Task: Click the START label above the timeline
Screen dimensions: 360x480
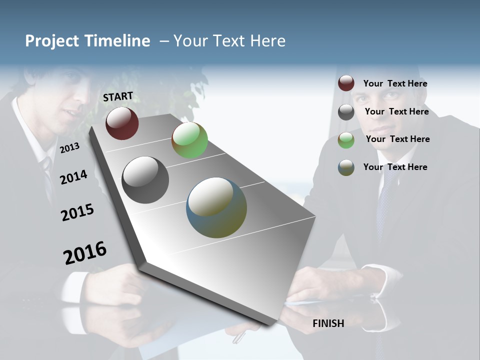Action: [118, 96]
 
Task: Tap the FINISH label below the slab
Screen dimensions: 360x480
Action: [328, 323]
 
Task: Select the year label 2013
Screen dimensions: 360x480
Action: [69, 147]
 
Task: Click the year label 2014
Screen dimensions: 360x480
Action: [73, 177]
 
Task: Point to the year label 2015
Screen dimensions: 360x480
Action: [77, 212]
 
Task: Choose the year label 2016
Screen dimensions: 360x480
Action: [85, 253]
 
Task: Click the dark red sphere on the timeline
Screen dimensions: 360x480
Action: [122, 123]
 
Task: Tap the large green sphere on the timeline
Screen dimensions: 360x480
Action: [189, 140]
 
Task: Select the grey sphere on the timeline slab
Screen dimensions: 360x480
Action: [145, 180]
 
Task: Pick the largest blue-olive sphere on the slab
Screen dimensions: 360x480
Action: [216, 207]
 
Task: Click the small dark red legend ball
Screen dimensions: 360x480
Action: [346, 83]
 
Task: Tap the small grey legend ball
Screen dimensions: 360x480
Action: [346, 112]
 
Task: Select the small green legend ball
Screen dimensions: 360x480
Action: [346, 140]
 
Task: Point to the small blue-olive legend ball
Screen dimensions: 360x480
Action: [346, 167]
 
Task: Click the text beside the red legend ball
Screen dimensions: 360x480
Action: [395, 83]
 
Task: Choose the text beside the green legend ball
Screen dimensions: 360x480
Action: [397, 139]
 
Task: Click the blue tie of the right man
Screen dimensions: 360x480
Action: [383, 210]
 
